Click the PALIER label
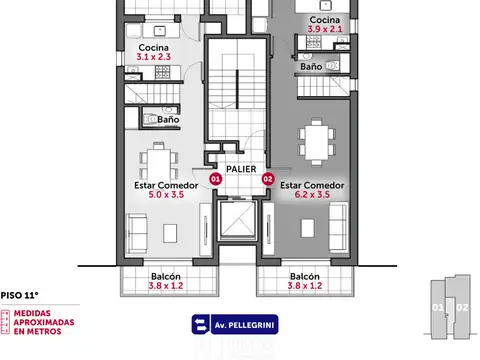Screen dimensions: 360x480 coord(240,169)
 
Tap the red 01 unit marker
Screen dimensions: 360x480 coord(214,179)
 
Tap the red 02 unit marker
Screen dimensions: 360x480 coord(267,179)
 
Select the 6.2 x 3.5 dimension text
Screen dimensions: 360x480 coord(312,195)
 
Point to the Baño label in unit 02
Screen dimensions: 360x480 coord(311,67)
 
